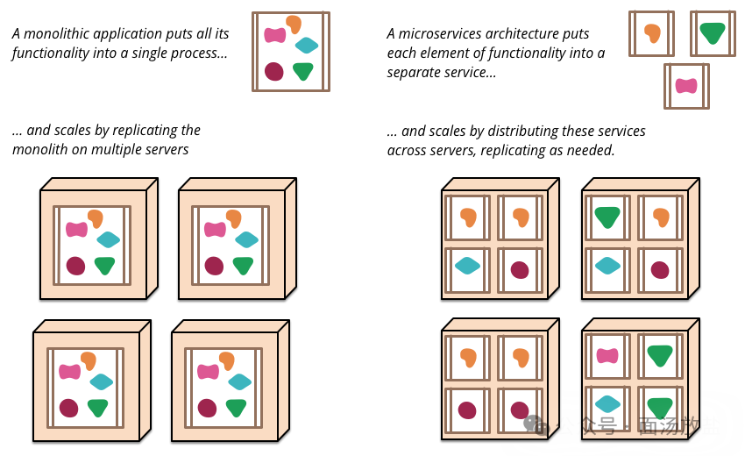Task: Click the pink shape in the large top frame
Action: pyautogui.click(x=275, y=35)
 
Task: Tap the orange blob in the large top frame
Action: pyautogui.click(x=294, y=24)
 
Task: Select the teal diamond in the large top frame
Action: pyautogui.click(x=306, y=46)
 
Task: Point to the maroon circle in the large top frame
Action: pyautogui.click(x=274, y=71)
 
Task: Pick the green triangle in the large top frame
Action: pyautogui.click(x=303, y=71)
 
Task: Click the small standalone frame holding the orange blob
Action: pyautogui.click(x=651, y=33)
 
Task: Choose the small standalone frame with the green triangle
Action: pyautogui.click(x=713, y=33)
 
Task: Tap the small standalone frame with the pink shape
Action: pyautogui.click(x=686, y=86)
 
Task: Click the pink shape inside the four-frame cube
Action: pyautogui.click(x=607, y=355)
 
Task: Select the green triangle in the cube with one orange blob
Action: pyautogui.click(x=607, y=216)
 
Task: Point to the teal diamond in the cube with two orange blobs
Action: pyautogui.click(x=467, y=265)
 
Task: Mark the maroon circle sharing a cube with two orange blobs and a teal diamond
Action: pyautogui.click(x=520, y=269)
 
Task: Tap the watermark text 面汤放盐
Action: pyautogui.click(x=679, y=426)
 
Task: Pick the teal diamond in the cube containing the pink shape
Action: pyautogui.click(x=607, y=403)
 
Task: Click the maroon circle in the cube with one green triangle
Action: pyautogui.click(x=660, y=269)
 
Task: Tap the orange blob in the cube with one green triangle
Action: pyautogui.click(x=661, y=217)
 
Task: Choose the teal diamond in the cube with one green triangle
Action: pyautogui.click(x=607, y=265)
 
